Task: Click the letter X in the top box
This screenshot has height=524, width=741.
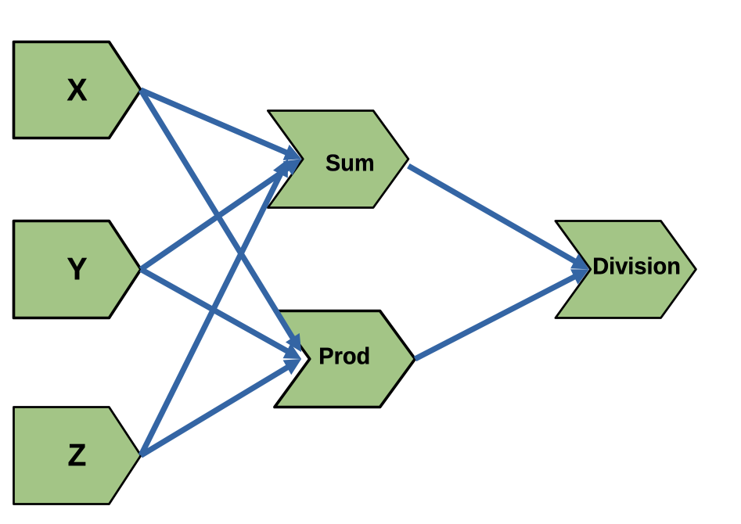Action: click(77, 92)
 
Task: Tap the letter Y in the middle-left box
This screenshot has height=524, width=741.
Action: click(77, 270)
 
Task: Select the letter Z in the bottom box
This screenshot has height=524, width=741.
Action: click(77, 455)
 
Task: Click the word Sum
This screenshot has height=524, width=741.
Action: click(349, 163)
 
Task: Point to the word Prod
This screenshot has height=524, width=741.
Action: click(344, 357)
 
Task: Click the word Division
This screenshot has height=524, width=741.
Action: click(635, 267)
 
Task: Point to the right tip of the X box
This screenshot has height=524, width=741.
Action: click(139, 90)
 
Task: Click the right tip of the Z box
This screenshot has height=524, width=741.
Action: click(139, 454)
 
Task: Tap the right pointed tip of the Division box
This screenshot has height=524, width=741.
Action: click(695, 268)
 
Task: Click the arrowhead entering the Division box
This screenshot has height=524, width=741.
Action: click(582, 268)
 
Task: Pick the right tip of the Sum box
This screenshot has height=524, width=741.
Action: click(408, 159)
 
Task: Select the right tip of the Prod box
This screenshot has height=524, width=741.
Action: click(414, 359)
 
